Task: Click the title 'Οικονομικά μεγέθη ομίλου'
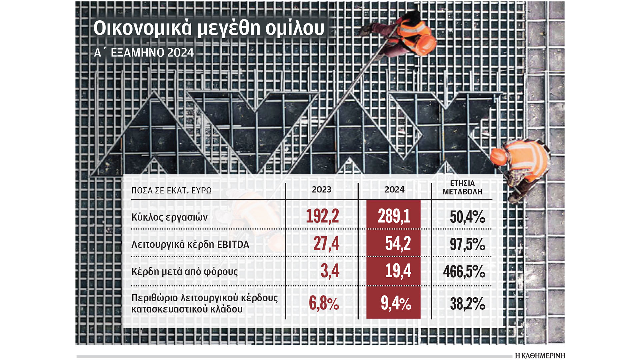coord(209,28)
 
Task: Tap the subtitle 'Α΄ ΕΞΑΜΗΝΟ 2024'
coord(144,53)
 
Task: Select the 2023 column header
coord(321,190)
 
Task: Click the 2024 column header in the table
coord(394,190)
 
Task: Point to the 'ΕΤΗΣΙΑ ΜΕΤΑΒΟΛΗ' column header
coord(462,188)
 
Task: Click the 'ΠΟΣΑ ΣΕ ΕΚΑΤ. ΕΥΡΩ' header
coord(171,191)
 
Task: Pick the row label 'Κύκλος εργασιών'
coord(169,217)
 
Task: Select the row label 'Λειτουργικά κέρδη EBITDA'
coord(190,245)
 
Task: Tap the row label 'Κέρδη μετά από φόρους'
coord(184,272)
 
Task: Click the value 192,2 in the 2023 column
coord(322,216)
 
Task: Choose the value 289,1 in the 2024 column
coord(394,216)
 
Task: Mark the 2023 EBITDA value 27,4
coord(326,244)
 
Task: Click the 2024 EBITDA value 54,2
coord(398,244)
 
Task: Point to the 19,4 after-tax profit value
coord(398,271)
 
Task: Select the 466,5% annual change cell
coord(464,272)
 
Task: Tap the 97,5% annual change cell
coord(467,245)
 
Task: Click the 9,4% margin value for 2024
coord(396,303)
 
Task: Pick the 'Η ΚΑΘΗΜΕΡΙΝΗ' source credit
coord(540,356)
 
